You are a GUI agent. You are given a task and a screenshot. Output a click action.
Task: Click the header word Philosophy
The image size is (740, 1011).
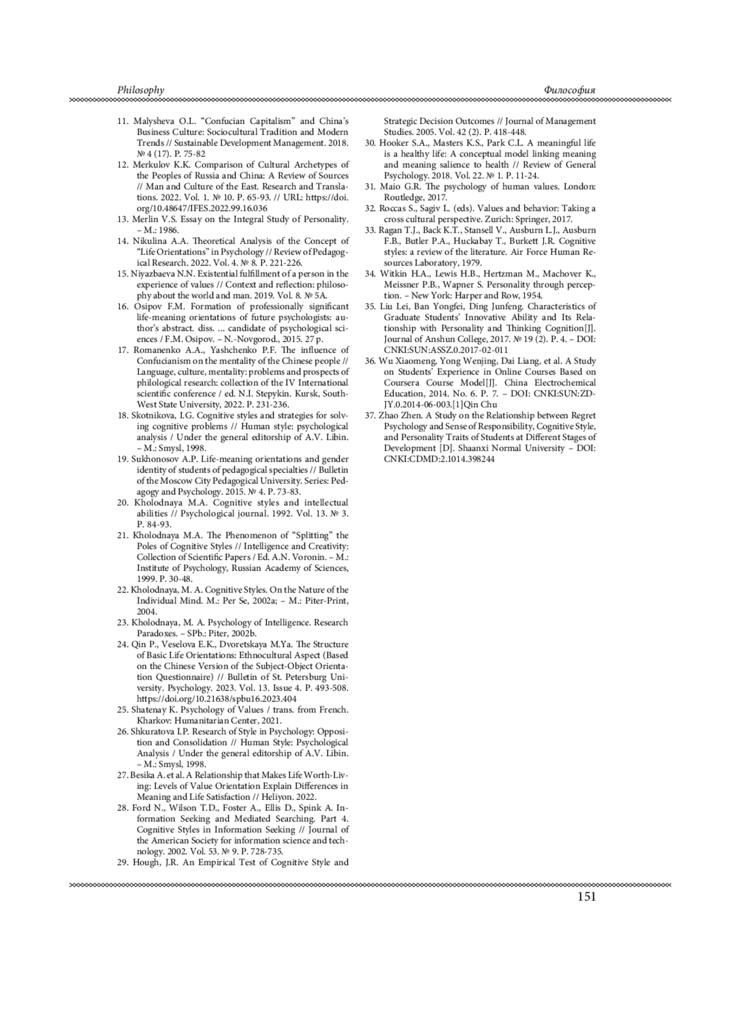(x=141, y=90)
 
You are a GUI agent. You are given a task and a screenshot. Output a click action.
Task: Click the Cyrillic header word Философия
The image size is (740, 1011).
(x=570, y=90)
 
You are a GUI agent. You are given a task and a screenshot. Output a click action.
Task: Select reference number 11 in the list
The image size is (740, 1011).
(x=122, y=121)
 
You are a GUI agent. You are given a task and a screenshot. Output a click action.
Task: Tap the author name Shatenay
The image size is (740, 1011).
(x=150, y=710)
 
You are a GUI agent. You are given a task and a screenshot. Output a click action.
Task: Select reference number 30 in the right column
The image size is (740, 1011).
(x=370, y=143)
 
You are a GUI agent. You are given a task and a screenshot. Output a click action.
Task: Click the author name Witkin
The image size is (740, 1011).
(x=393, y=274)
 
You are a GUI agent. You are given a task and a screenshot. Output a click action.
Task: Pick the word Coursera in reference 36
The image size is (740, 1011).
(x=403, y=383)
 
